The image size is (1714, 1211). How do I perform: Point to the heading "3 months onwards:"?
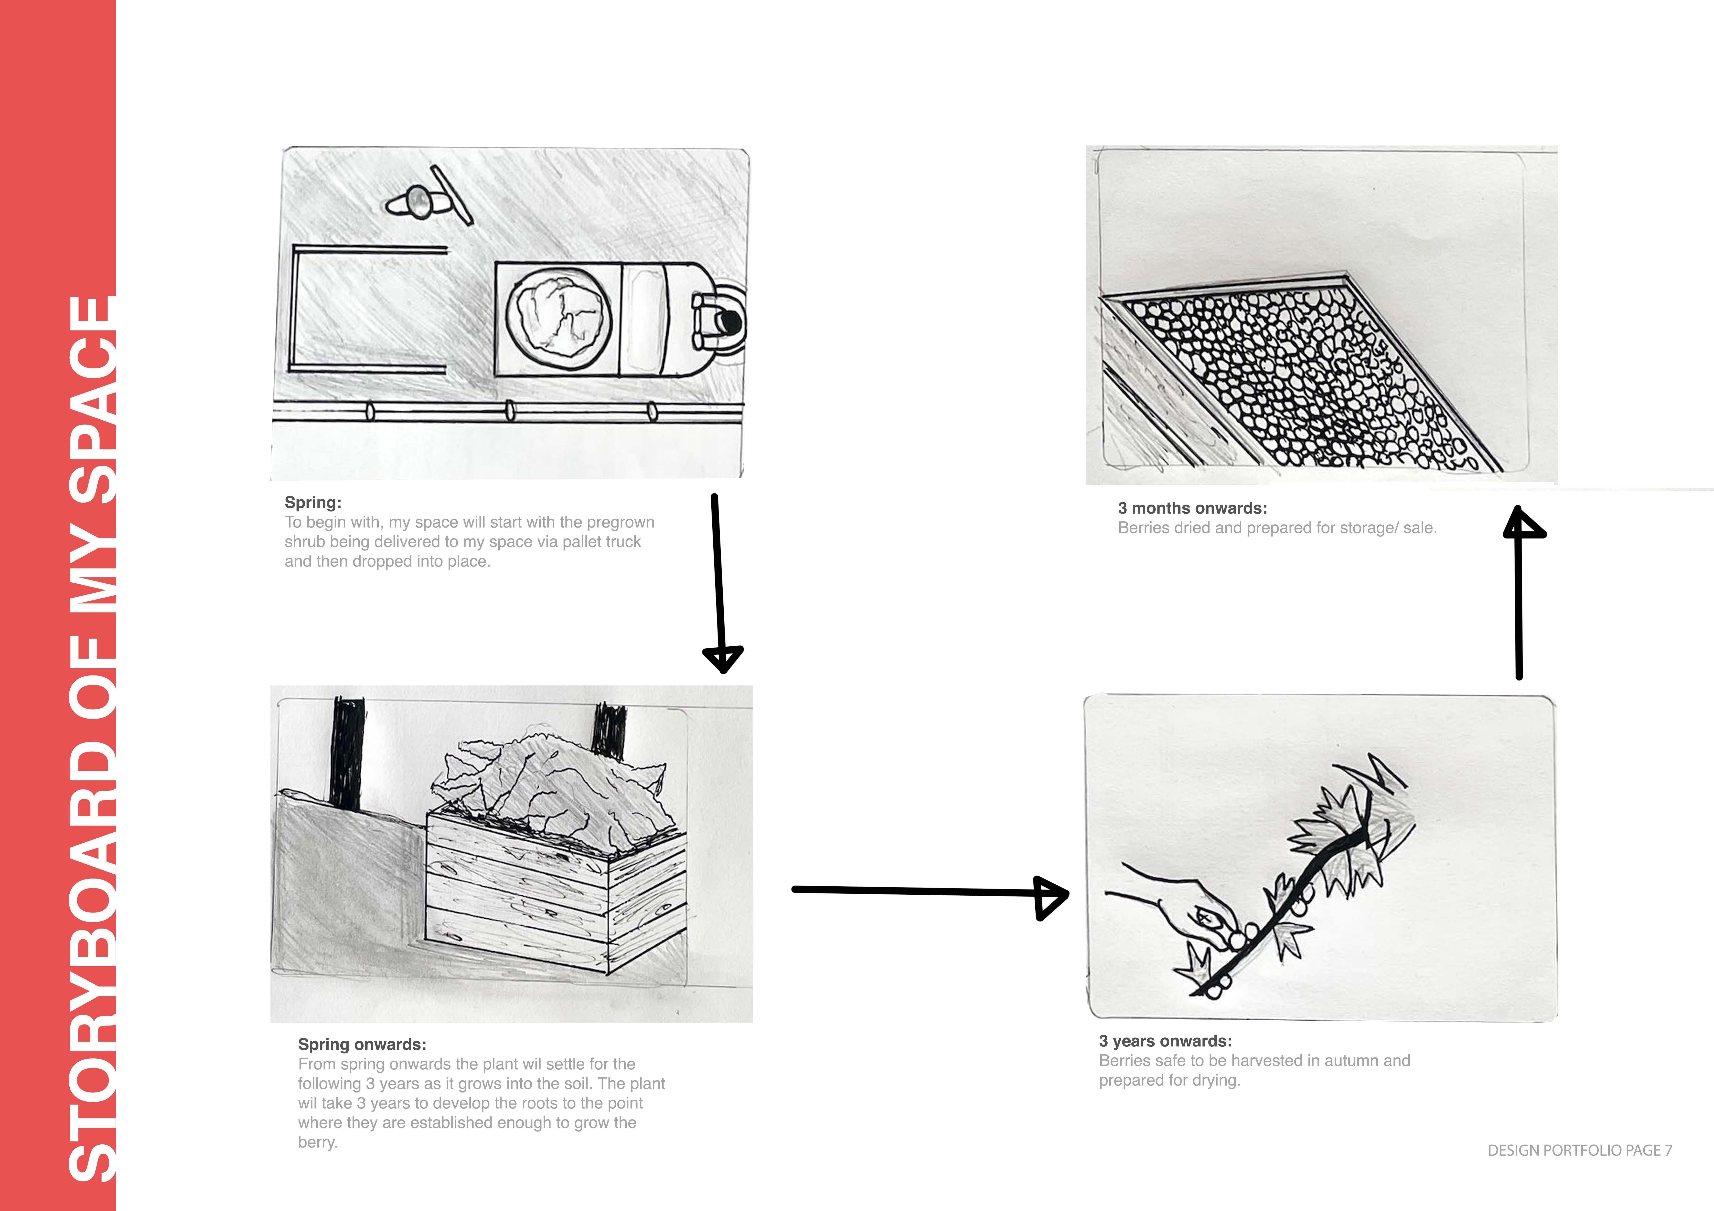(1192, 508)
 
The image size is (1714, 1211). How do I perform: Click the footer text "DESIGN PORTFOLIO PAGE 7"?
(1580, 1150)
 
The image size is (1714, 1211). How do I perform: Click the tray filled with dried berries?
(1303, 373)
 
